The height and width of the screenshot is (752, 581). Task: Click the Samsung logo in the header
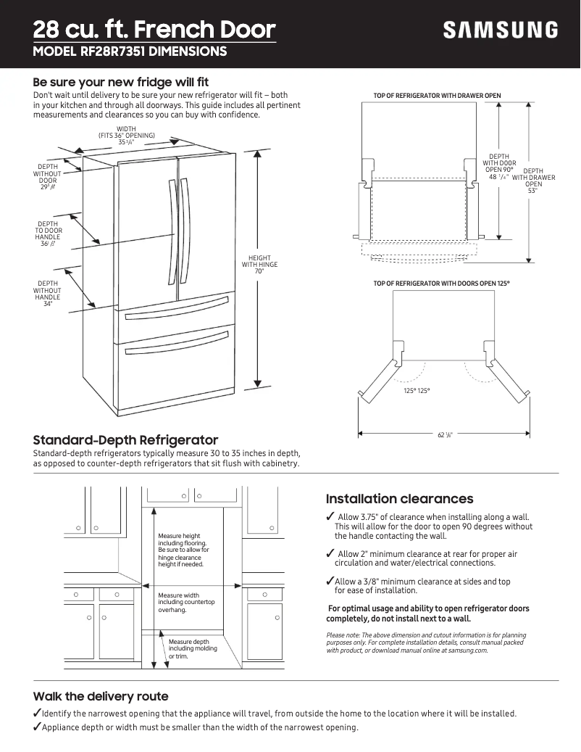tap(501, 30)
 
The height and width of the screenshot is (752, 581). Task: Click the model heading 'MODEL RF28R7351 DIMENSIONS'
tap(130, 51)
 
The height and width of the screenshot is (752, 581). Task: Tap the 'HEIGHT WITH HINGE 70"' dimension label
tap(259, 265)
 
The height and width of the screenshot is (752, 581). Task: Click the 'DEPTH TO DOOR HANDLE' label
tap(48, 234)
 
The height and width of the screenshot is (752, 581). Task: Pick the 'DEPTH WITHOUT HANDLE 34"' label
tap(48, 294)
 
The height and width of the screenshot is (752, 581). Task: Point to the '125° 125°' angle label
tap(417, 391)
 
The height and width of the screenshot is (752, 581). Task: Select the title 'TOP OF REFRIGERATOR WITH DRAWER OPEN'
tap(437, 96)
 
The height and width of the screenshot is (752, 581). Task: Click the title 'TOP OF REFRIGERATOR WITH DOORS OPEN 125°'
tap(441, 283)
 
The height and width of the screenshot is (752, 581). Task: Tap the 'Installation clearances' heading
tap(399, 499)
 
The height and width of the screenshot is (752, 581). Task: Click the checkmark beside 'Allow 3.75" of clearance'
tap(330, 516)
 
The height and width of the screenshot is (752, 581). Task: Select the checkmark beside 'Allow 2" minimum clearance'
tap(330, 554)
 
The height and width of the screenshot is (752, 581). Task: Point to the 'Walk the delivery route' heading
tap(101, 696)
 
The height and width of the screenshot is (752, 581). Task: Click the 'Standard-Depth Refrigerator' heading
tap(125, 440)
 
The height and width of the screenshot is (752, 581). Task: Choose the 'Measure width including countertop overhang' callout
tap(186, 603)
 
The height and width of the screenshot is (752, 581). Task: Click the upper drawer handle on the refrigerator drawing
tap(177, 313)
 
